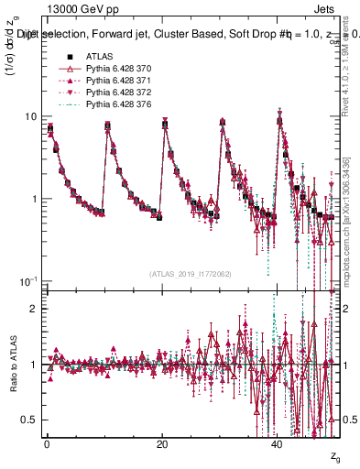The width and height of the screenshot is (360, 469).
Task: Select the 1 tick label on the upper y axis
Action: point(34,199)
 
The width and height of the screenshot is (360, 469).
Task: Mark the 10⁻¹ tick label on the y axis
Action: point(29,279)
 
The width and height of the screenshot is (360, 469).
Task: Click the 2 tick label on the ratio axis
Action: point(34,309)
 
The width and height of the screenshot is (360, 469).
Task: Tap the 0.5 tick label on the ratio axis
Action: point(29,420)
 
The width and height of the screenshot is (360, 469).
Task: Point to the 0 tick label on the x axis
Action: point(47,443)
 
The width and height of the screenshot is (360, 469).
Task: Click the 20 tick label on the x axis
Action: point(161,443)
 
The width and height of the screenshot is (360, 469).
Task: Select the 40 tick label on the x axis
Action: point(277,443)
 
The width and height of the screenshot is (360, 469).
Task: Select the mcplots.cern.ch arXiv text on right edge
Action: point(351,211)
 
